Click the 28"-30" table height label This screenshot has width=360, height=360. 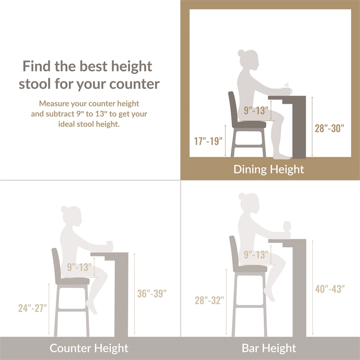tap(329, 128)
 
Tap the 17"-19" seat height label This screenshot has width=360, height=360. tap(208, 141)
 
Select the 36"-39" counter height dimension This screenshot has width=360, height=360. tap(152, 293)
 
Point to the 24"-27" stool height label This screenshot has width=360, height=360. tap(32, 308)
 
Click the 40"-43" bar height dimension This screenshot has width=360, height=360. tap(330, 289)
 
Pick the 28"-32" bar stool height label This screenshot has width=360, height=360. tap(209, 300)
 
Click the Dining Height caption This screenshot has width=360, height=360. tap(269, 170)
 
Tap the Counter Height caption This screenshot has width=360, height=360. tap(89, 348)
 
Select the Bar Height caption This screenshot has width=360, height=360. tap(269, 348)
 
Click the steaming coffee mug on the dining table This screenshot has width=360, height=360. tap(287, 89)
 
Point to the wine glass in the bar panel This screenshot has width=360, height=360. tap(287, 227)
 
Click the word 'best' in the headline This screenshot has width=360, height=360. tap(93, 66)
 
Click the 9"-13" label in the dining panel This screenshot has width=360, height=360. tap(256, 110)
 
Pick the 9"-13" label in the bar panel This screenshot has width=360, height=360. tap(256, 254)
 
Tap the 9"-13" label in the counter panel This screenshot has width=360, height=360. tap(79, 267)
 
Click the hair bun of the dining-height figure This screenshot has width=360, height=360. tap(241, 53)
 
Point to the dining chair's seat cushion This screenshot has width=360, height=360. tap(249, 125)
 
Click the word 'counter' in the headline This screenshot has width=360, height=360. tap(134, 84)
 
